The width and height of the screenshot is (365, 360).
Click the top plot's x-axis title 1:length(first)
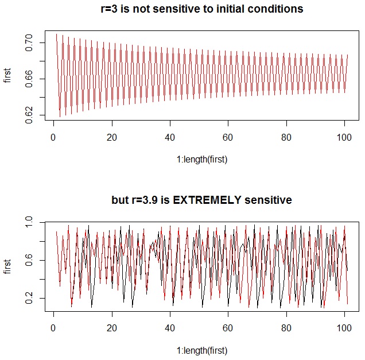pos(201,160)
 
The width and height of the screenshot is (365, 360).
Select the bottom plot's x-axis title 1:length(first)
pos(201,350)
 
